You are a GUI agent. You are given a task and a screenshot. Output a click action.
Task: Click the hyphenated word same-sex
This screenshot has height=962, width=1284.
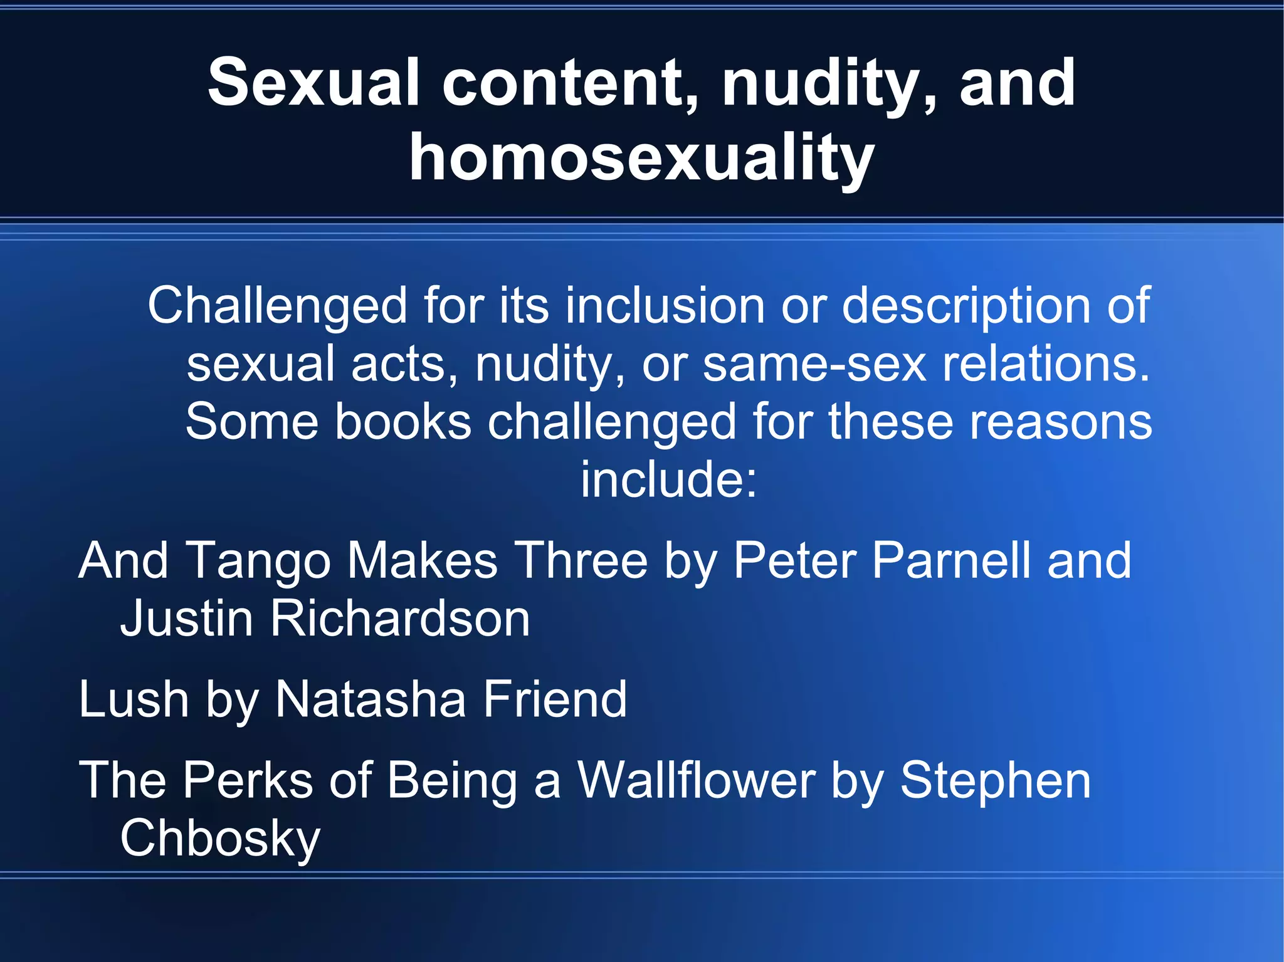coord(814,364)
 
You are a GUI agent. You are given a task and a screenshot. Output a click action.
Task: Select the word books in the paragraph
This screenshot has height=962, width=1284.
coord(403,422)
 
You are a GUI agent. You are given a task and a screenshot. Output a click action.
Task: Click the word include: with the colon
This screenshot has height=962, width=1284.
coord(669,479)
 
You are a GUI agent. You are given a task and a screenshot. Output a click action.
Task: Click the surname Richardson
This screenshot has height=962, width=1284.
coord(400,619)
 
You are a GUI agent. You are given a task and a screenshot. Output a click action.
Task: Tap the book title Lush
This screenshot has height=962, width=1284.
coord(134,699)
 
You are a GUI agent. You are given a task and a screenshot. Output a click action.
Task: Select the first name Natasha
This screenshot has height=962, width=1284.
coord(371,699)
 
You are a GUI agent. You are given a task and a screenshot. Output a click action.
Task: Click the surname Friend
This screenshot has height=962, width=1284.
coord(554,699)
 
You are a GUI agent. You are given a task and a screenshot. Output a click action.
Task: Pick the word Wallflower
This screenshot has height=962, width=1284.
coord(696,780)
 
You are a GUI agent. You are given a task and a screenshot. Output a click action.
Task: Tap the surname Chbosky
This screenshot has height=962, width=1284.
coord(220,839)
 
